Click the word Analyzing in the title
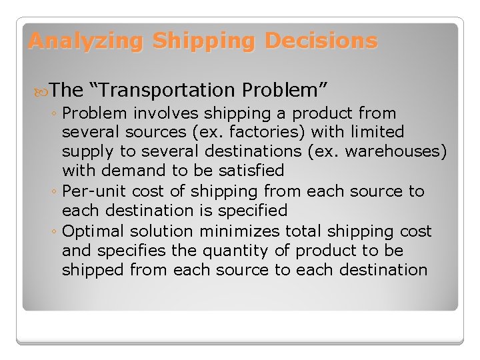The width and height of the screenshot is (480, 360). click(x=85, y=41)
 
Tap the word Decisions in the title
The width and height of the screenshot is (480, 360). click(x=321, y=41)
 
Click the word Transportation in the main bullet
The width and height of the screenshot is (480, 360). click(x=172, y=89)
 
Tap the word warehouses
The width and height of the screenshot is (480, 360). click(x=402, y=151)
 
